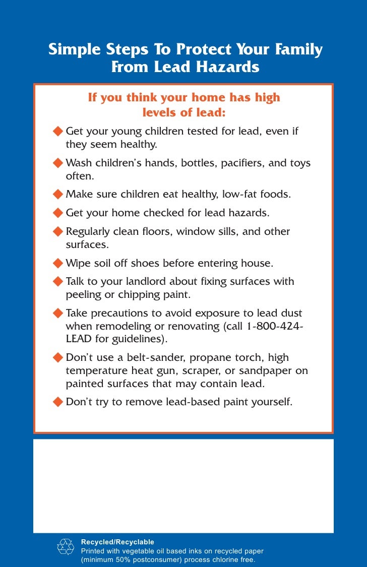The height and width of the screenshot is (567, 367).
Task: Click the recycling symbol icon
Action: pyautogui.click(x=66, y=547)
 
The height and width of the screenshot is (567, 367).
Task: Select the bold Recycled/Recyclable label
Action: pyautogui.click(x=117, y=542)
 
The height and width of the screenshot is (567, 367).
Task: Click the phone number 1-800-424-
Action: pyautogui.click(x=275, y=326)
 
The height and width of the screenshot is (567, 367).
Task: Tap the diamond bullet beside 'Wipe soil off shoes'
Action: pyautogui.click(x=58, y=263)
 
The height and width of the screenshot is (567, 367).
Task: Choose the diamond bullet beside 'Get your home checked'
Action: pyautogui.click(x=58, y=213)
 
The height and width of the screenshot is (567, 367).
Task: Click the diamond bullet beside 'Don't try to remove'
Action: pyautogui.click(x=58, y=402)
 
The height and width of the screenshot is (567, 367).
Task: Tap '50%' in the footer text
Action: pyautogui.click(x=125, y=560)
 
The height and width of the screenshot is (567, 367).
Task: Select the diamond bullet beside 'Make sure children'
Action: pyautogui.click(x=58, y=194)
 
